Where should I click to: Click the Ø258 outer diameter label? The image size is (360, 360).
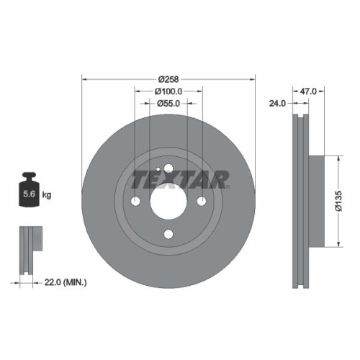pyautogui.click(x=168, y=78)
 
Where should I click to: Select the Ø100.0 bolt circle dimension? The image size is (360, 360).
pyautogui.click(x=168, y=91)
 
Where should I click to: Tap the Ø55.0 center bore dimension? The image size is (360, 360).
pyautogui.click(x=168, y=104)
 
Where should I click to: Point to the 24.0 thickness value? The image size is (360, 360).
pyautogui.click(x=278, y=104)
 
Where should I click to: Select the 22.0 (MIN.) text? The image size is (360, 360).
pyautogui.click(x=66, y=282)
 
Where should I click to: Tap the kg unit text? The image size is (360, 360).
pyautogui.click(x=47, y=195)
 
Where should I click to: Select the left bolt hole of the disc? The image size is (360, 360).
pyautogui.click(x=135, y=200)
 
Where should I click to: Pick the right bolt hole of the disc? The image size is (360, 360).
pyautogui.click(x=202, y=200)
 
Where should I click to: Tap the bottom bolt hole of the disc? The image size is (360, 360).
pyautogui.click(x=168, y=234)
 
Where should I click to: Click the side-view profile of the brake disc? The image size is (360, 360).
pyautogui.click(x=301, y=200)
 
